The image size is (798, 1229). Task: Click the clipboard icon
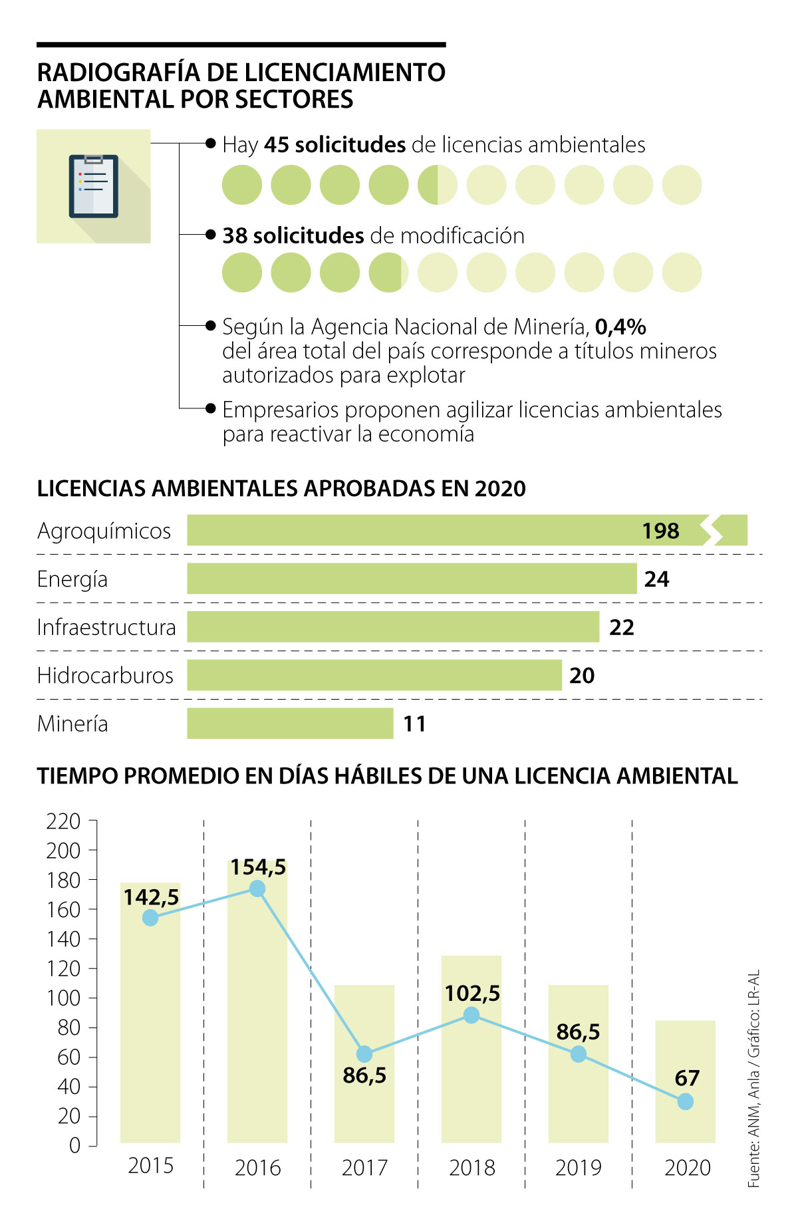point(94,186)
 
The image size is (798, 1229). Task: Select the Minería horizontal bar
point(290,724)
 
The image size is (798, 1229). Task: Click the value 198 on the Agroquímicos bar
point(660,531)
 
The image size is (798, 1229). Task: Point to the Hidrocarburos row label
point(105,676)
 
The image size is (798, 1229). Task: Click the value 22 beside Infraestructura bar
point(622,627)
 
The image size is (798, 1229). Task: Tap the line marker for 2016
point(257,889)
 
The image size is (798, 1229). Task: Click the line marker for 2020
point(686,1102)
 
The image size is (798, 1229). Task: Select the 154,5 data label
point(258,867)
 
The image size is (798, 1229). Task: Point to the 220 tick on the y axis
point(63,821)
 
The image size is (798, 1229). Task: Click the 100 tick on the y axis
point(63,998)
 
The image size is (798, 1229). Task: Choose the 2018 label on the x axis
point(471,1168)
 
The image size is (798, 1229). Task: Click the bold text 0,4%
point(620,327)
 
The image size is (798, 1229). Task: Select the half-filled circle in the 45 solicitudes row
point(437,185)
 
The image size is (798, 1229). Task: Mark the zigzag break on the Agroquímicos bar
point(714,530)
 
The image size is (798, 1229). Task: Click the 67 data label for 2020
point(687,1078)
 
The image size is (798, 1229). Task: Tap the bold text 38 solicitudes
point(293,235)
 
